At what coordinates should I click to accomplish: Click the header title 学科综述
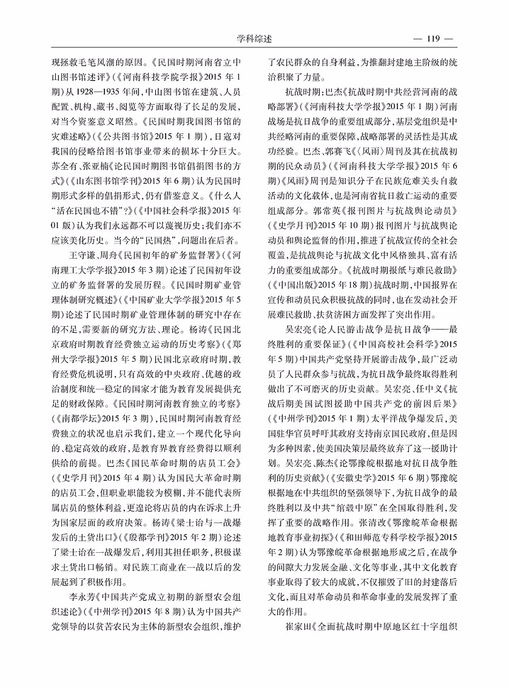(x=254, y=39)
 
